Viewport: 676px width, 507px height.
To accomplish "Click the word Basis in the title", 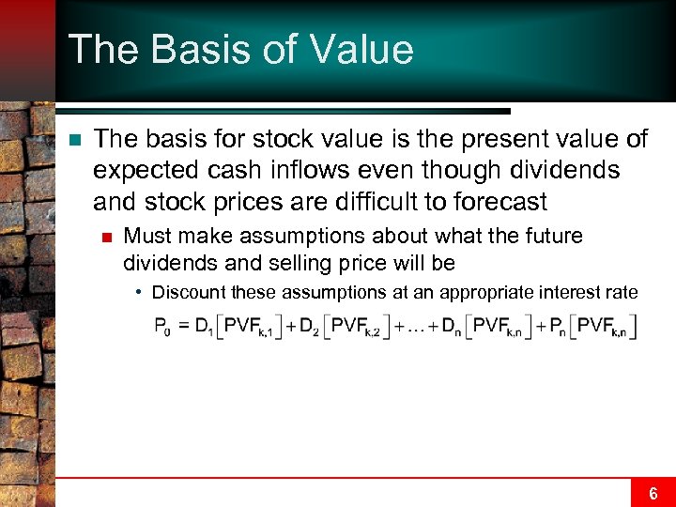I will pos(185,49).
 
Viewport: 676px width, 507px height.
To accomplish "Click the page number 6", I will pos(653,493).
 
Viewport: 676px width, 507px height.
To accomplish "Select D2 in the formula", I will pos(311,328).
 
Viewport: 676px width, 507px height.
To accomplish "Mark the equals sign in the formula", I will pos(182,327).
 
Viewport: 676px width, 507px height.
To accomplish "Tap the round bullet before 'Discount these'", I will pos(138,292).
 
